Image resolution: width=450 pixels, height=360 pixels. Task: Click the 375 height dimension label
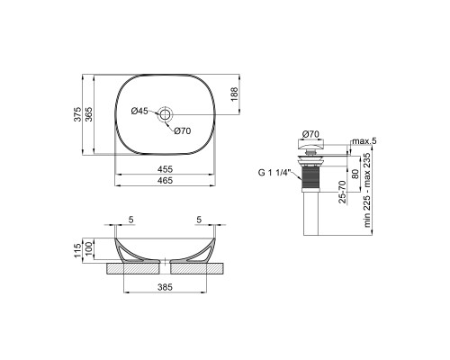[77, 114]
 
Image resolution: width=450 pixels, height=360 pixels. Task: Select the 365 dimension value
[88, 114]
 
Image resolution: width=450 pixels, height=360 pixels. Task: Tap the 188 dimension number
[234, 94]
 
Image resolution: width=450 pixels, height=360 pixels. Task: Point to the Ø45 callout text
[139, 111]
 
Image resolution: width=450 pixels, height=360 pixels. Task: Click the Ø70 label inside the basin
[183, 130]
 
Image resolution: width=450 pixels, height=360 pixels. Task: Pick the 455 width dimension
[166, 169]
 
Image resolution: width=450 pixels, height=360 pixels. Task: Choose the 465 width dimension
[166, 180]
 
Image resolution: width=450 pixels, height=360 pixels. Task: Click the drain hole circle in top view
[165, 114]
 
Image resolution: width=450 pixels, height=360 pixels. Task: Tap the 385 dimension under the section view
[166, 287]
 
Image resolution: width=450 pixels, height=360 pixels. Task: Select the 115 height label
[77, 250]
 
